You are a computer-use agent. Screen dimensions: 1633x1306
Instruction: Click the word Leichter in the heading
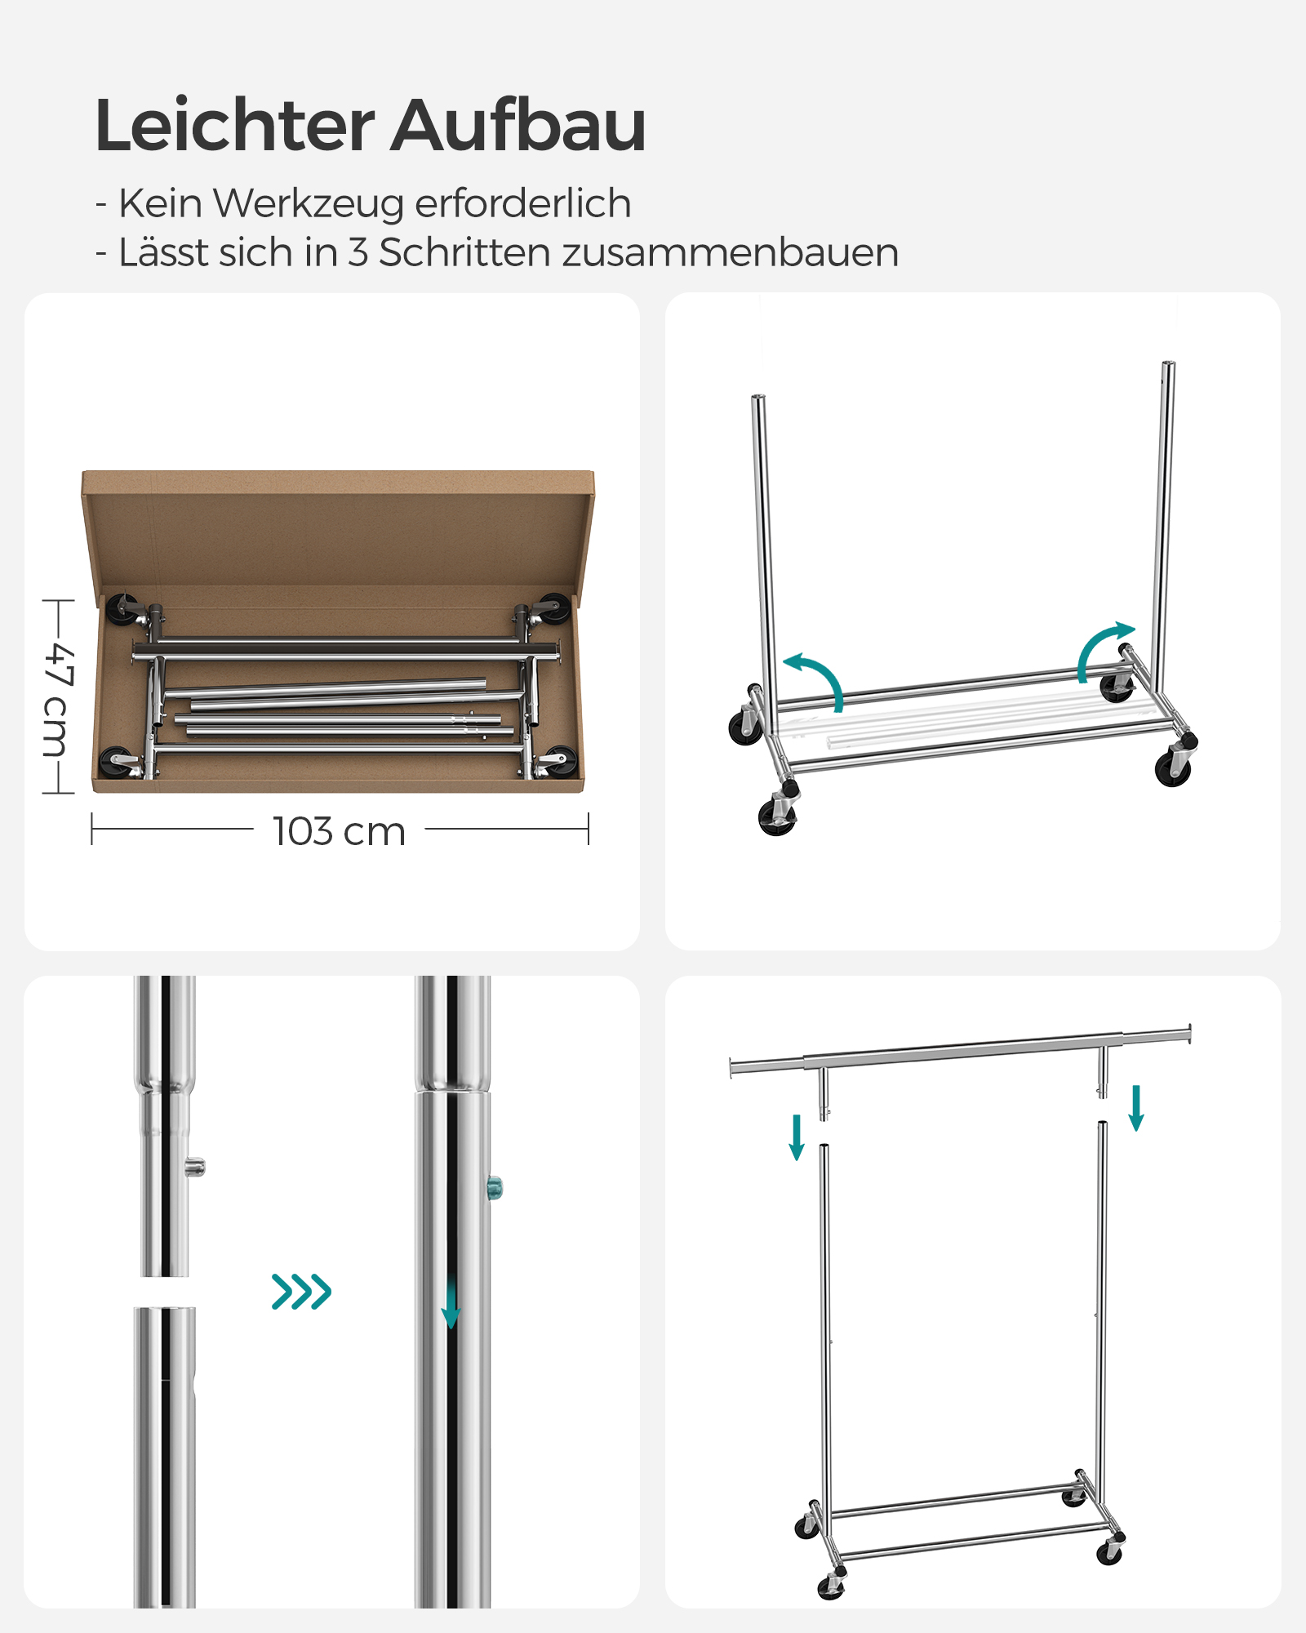coord(234,126)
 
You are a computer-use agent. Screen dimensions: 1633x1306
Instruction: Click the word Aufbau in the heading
coord(518,126)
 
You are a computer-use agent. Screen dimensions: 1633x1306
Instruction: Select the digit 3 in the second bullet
coord(358,252)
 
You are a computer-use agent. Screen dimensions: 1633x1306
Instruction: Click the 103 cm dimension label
coord(339,831)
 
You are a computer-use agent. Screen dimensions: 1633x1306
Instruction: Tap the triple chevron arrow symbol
coord(301,1291)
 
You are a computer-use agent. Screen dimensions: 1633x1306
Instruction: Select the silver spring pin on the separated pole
coord(195,1167)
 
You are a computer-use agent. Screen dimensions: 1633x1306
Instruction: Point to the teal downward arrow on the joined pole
coord(451,1304)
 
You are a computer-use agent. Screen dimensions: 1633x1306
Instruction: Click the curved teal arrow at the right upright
coord(1103,649)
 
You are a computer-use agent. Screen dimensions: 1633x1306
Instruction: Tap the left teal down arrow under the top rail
coord(797,1137)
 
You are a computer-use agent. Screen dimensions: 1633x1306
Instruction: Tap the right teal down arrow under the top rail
coord(1135,1108)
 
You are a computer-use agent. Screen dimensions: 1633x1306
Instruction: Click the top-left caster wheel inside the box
coord(122,607)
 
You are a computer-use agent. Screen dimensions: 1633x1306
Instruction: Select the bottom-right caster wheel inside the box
coord(560,760)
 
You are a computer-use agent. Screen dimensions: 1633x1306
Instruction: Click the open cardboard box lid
coord(338,527)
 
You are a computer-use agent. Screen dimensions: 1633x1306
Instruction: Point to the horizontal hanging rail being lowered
coord(961,1050)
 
